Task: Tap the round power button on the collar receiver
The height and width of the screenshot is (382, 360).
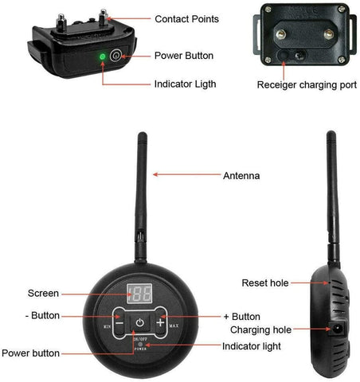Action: [x=115, y=56]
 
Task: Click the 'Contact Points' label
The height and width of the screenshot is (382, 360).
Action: [x=186, y=18]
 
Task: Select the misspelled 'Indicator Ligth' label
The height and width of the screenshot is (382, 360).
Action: [x=186, y=83]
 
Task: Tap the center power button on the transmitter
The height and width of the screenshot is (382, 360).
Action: [x=139, y=323]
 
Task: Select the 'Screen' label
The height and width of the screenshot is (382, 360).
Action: [x=43, y=293]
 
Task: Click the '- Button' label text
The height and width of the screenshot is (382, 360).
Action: [x=42, y=315]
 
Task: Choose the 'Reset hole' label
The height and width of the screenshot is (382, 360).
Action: [x=264, y=283]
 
